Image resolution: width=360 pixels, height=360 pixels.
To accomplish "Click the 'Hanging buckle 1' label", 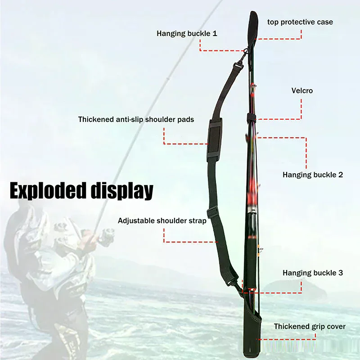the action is point(187,33).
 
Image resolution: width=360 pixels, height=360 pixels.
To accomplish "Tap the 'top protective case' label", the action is point(300,22).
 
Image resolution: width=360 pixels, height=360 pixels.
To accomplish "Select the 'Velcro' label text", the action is point(302,90).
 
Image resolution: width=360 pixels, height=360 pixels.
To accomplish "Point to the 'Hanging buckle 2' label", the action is point(313,175).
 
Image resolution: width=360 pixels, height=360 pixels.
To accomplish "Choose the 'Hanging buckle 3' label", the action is point(313,273).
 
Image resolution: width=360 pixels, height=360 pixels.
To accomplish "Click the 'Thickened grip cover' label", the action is point(310,326).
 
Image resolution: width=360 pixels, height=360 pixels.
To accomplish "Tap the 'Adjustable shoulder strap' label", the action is point(162,220).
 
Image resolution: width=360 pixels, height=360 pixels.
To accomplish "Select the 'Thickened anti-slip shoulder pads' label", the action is point(136,119).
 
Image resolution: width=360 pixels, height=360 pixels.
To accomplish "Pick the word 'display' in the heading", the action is point(122,191).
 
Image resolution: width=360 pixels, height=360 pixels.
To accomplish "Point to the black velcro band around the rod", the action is point(252,117).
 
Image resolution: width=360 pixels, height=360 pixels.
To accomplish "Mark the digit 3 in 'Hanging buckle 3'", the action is point(341,273).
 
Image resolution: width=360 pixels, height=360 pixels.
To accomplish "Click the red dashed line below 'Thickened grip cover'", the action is point(286,339).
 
